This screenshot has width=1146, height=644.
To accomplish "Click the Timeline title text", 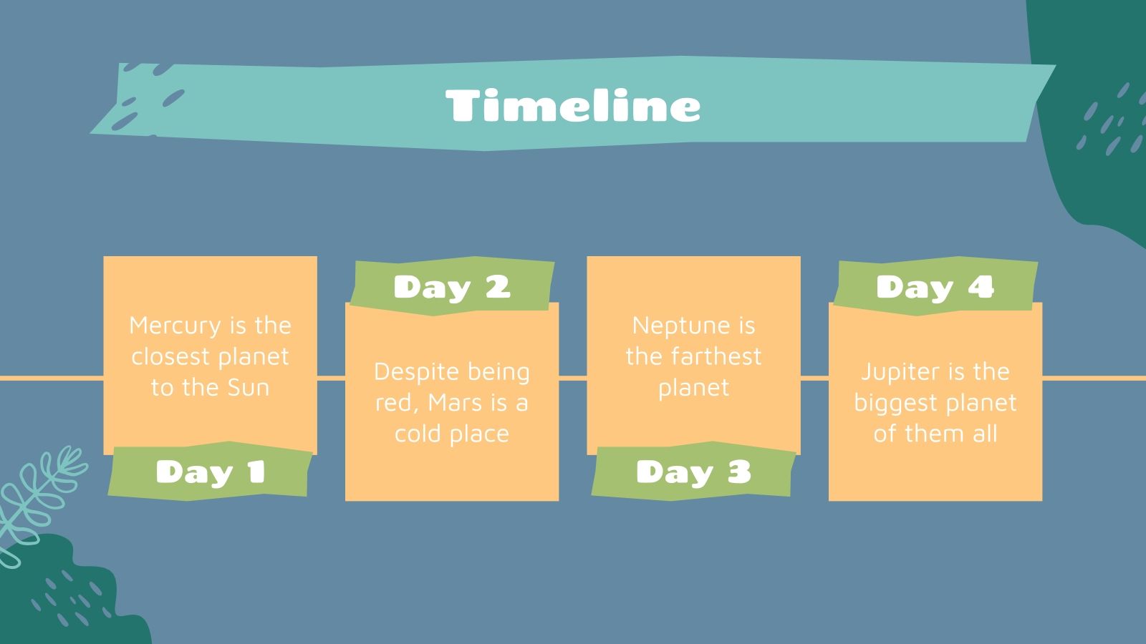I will (x=573, y=106).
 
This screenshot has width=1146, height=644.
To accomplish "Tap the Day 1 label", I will (x=210, y=472).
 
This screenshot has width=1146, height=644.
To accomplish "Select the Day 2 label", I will (x=451, y=287).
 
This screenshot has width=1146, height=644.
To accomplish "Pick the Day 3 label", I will (x=693, y=472).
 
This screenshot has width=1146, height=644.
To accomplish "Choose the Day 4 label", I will (x=935, y=287).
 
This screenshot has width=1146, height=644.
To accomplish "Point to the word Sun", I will (x=248, y=388).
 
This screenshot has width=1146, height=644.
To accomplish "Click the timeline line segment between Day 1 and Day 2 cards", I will (x=331, y=378).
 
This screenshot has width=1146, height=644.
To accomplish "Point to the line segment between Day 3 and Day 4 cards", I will (x=814, y=378).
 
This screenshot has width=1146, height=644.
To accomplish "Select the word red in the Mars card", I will (x=393, y=403).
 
